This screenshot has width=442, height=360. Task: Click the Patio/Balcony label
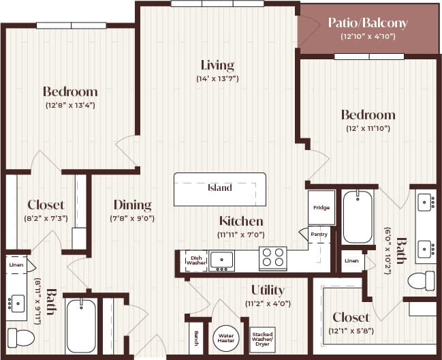tap(368, 23)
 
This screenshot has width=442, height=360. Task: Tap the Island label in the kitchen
tap(219, 187)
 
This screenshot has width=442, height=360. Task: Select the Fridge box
tap(321, 207)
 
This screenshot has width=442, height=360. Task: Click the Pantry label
tap(319, 235)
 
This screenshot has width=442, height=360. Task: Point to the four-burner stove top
tap(273, 258)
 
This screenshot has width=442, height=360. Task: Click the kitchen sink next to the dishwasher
tap(221, 260)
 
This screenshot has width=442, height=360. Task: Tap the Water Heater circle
tap(227, 337)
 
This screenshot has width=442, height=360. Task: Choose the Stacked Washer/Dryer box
tap(262, 337)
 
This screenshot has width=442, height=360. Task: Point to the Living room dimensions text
tap(218, 78)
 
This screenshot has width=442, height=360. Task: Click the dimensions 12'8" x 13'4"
tap(69, 105)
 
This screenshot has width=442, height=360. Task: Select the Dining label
tap(132, 205)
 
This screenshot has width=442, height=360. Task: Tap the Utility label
tap(268, 290)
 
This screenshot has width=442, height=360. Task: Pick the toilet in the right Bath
tap(420, 280)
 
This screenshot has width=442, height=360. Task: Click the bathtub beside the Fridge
tap(358, 217)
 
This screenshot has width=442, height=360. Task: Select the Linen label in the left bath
tap(17, 264)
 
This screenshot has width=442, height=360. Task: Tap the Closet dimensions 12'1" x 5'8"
tap(351, 331)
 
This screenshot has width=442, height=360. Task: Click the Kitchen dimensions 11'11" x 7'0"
tap(241, 235)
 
